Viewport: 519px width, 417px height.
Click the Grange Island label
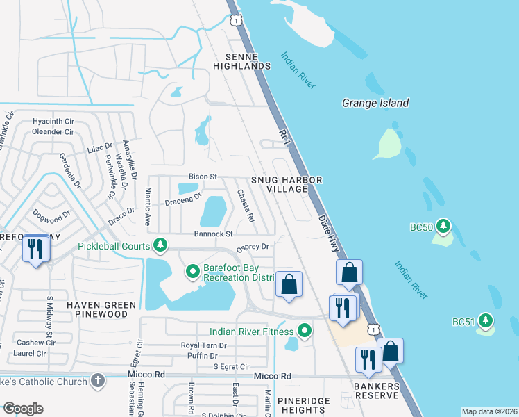point(375,103)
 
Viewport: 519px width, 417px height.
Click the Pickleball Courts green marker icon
point(160,245)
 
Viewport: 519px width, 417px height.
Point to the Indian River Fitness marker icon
point(303,330)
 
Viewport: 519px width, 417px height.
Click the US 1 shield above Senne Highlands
point(237,21)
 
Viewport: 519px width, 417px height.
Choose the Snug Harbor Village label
point(287,185)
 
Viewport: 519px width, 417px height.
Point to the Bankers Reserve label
point(375,391)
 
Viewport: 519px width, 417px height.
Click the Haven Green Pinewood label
point(96,309)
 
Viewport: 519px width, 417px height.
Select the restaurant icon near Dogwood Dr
point(35,249)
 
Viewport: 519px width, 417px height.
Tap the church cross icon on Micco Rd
point(98,380)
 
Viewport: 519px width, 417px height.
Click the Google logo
point(23,409)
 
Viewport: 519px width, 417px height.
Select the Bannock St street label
point(213,234)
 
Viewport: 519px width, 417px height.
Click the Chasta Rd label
point(244,206)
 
